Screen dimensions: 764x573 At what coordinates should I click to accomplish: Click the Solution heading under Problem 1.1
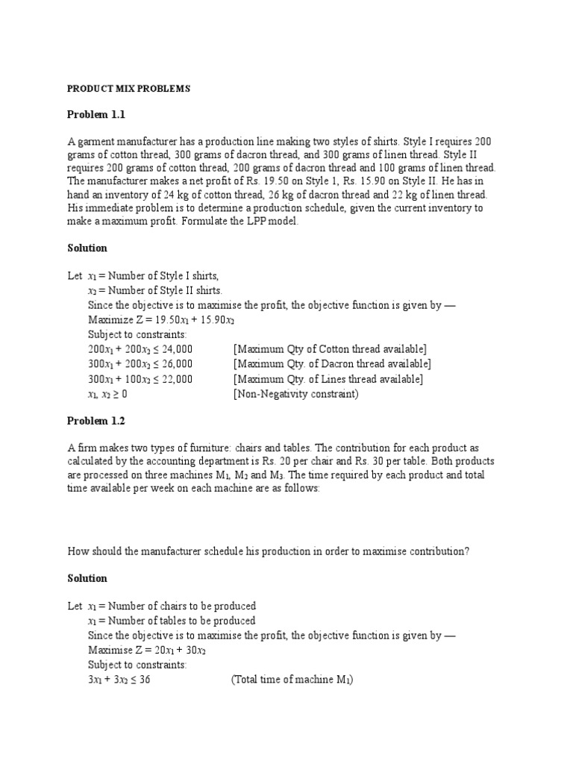pyautogui.click(x=87, y=248)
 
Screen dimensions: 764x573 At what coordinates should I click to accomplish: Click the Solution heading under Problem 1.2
pyautogui.click(x=87, y=578)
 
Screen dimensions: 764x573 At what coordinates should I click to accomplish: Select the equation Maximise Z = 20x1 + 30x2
pyautogui.click(x=146, y=650)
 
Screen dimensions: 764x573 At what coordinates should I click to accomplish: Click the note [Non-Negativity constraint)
pyautogui.click(x=295, y=394)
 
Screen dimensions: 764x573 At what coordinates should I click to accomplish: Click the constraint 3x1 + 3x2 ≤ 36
pyautogui.click(x=119, y=680)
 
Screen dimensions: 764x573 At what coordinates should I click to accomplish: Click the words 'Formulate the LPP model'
pyautogui.click(x=239, y=222)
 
